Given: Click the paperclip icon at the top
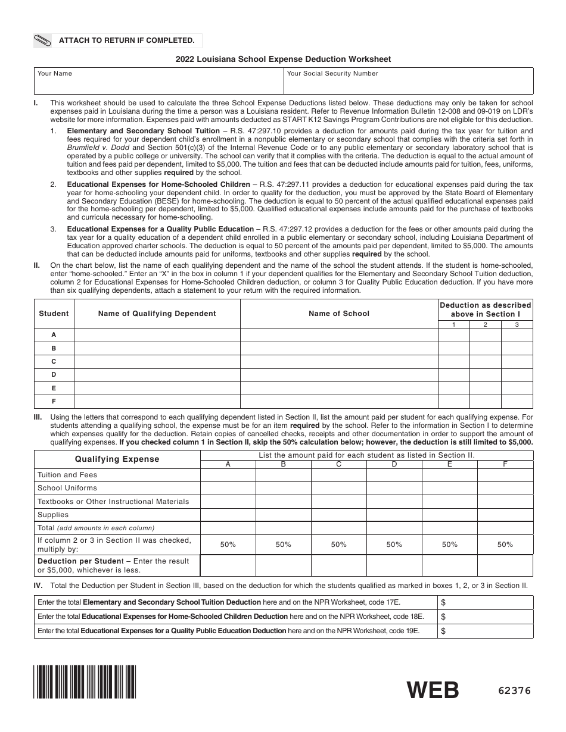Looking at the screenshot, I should click(43, 40).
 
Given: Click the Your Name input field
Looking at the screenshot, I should click(158, 81).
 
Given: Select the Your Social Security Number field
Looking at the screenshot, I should click(408, 81).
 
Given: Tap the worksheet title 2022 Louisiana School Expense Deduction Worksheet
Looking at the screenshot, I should click(283, 59).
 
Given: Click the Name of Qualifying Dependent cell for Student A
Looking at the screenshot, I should click(157, 335).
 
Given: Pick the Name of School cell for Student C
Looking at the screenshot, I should click(339, 361).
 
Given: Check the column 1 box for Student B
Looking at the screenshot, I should click(454, 348).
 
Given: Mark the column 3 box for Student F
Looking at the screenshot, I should click(517, 402).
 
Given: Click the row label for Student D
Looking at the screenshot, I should click(54, 375).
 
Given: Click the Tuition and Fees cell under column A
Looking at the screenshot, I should click(228, 475).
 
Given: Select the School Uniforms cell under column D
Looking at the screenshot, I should click(394, 488).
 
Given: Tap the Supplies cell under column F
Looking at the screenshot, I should click(505, 515).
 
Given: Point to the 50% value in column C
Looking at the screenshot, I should click(339, 545).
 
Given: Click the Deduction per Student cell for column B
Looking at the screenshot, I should click(283, 565).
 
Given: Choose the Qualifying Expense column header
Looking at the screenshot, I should click(117, 459).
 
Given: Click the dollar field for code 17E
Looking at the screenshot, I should click(486, 602).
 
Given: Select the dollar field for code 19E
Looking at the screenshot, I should click(486, 631).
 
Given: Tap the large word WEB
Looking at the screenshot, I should click(433, 690).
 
